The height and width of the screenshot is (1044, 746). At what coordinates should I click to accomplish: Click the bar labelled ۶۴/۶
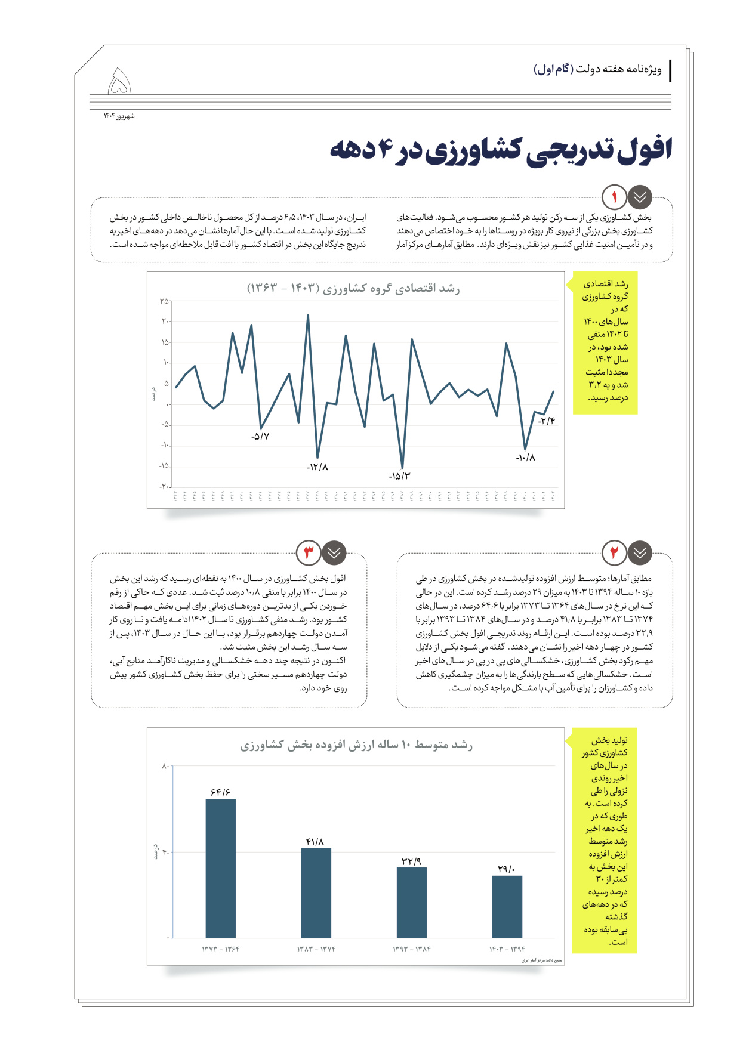[x=220, y=868]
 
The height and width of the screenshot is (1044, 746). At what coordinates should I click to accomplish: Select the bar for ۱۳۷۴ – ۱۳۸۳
[x=316, y=892]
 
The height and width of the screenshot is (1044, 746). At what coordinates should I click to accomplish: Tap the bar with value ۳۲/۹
[x=411, y=902]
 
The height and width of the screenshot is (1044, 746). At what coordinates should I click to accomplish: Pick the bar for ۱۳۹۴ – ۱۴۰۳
[x=507, y=906]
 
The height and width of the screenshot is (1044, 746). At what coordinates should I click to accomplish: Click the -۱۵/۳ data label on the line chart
[x=399, y=476]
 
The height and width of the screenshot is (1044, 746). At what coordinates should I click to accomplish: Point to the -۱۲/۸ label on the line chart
[x=317, y=467]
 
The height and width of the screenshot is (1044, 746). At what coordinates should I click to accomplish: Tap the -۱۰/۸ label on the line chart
[x=525, y=458]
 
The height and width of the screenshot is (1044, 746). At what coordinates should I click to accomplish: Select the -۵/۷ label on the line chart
[x=260, y=436]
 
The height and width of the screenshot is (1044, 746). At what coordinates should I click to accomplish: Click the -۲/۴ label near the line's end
[x=546, y=421]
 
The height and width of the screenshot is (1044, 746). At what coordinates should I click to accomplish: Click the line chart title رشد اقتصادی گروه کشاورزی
[x=353, y=289]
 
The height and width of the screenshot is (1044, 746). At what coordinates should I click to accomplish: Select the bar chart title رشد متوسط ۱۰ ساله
[x=356, y=745]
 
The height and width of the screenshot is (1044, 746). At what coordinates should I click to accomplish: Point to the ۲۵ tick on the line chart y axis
[x=164, y=301]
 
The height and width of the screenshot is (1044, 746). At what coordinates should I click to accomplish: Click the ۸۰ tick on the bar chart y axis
[x=165, y=766]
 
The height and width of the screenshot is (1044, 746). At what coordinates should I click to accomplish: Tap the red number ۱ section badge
[x=614, y=196]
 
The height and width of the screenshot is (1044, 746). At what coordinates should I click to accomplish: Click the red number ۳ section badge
[x=309, y=552]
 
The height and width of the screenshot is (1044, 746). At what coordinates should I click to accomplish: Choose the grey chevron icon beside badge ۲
[x=640, y=552]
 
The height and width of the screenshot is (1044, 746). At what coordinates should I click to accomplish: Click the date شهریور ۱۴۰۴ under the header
[x=119, y=116]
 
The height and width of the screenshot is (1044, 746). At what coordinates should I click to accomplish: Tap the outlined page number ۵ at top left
[x=119, y=82]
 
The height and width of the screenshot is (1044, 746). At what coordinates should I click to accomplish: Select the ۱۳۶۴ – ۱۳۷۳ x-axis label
[x=220, y=949]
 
